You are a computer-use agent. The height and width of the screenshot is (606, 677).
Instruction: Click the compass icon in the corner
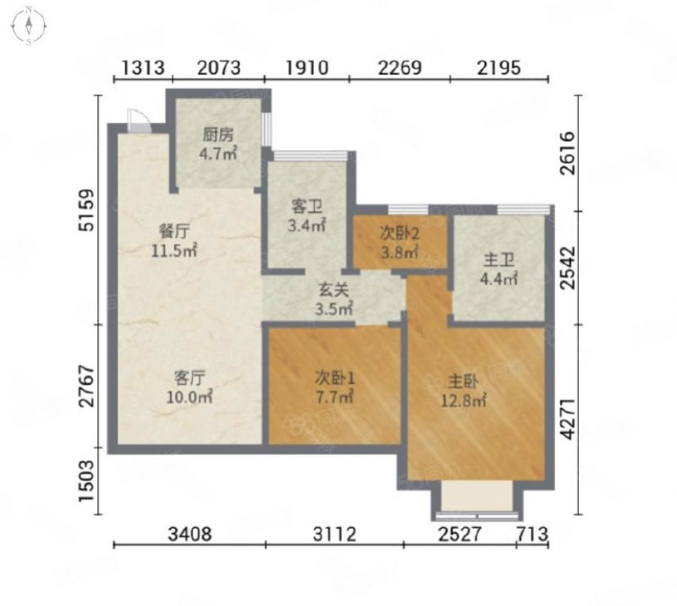tap(29, 25)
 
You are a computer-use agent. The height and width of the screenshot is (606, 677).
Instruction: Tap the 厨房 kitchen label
tap(218, 135)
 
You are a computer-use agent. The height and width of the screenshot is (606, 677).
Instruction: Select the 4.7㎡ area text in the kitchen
tap(218, 153)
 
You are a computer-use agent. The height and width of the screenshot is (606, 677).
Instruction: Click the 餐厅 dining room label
tap(174, 231)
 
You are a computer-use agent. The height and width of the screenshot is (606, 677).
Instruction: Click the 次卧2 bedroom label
tap(399, 234)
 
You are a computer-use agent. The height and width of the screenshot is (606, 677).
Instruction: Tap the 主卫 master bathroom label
tap(499, 260)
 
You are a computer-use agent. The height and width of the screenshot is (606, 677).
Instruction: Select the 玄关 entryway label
tap(334, 290)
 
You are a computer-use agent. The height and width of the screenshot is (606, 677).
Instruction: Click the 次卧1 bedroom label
tap(334, 379)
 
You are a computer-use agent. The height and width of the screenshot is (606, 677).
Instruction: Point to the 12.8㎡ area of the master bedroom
tap(464, 401)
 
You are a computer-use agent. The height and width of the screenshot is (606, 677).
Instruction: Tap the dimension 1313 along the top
tap(143, 68)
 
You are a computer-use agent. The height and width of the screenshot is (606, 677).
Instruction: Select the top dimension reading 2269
tap(400, 68)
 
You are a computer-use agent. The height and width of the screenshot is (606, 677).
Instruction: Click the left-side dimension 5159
tap(86, 210)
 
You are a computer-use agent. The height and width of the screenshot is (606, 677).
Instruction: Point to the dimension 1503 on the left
tap(86, 481)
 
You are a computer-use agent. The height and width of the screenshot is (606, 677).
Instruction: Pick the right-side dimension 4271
tap(568, 419)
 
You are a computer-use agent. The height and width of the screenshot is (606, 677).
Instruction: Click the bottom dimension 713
tap(532, 534)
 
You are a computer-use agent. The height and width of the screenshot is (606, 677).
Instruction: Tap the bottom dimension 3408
tap(190, 534)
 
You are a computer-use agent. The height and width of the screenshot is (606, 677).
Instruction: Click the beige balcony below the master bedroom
tap(477, 496)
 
